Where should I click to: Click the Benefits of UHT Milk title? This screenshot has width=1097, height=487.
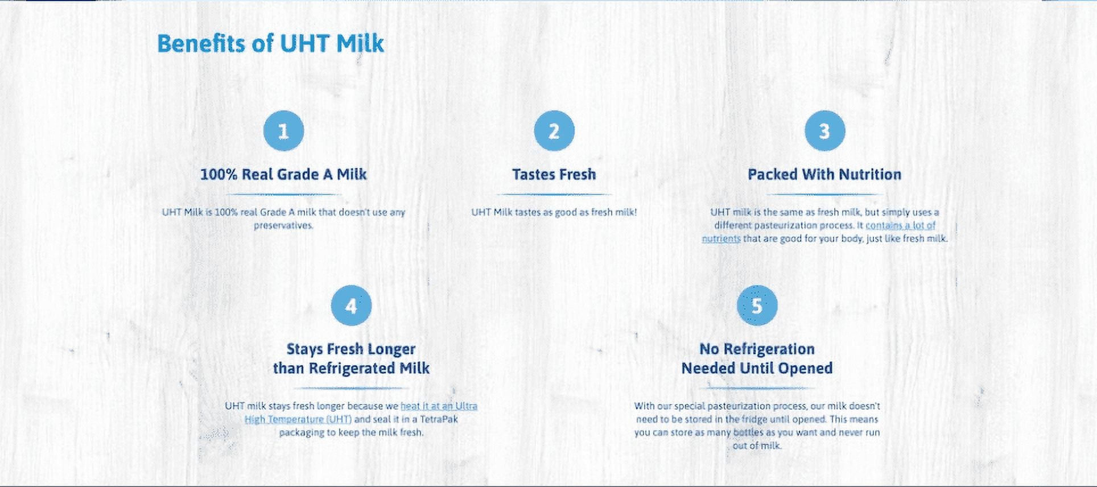270,44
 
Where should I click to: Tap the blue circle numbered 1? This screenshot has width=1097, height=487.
283,131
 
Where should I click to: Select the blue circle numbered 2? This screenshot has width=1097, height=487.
554,131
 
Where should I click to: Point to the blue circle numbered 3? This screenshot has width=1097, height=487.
824,131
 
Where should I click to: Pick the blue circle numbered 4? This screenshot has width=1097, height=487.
351,306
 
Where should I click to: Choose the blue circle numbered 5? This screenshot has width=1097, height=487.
757,306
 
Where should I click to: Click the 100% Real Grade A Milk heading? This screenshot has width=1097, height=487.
283,174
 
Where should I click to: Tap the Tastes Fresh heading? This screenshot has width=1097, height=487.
554,174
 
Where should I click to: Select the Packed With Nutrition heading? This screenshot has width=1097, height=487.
824,174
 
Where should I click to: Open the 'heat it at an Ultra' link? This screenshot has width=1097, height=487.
439,406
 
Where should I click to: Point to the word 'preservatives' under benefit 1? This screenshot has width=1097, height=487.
283,226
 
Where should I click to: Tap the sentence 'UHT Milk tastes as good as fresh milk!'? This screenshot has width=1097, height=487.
554,212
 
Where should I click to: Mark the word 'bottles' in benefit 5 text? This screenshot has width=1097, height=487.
748,432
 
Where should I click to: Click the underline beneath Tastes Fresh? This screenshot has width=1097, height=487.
554,195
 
